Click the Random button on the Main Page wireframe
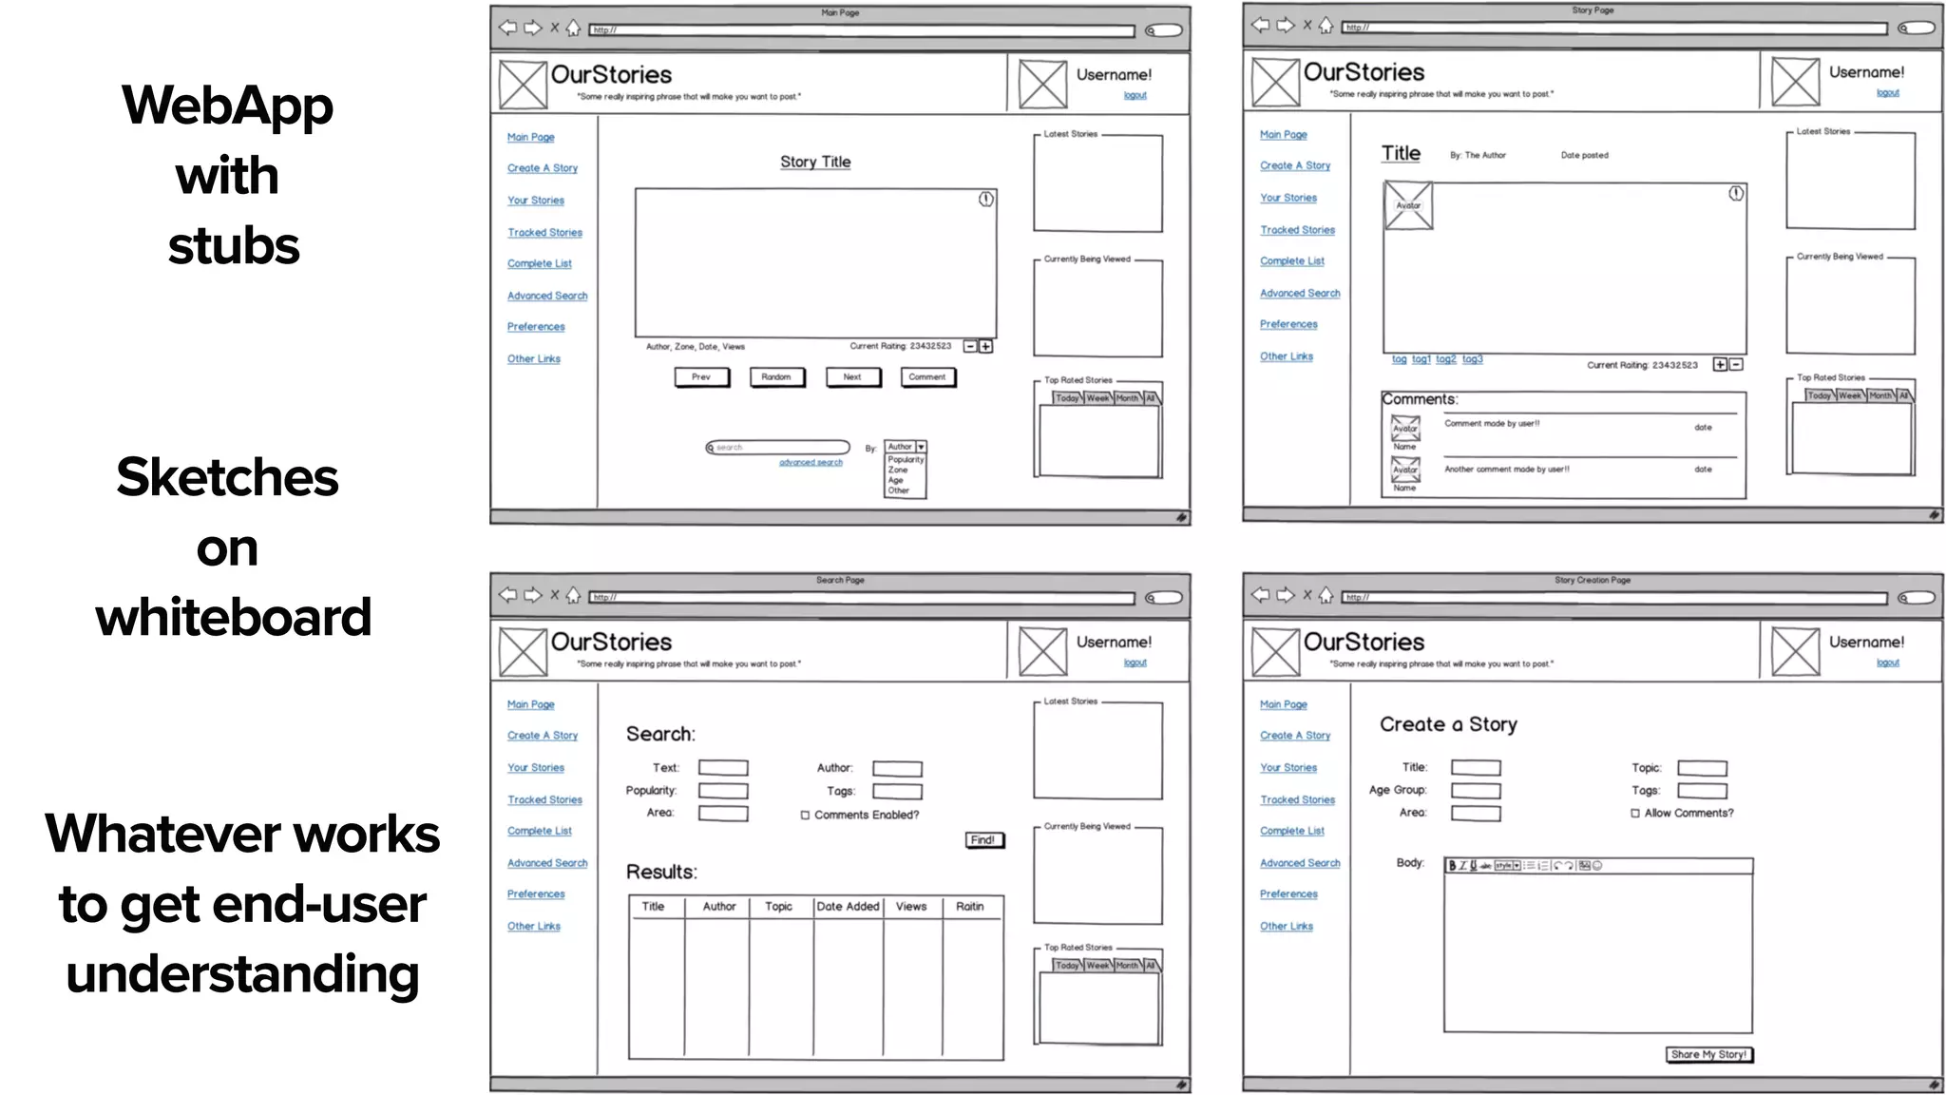(x=776, y=377)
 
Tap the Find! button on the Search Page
(x=983, y=840)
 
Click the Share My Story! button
(x=1708, y=1054)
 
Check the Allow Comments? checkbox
(x=1635, y=814)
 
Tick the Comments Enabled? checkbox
(x=805, y=816)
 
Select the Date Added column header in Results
(x=848, y=907)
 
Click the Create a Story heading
(x=1448, y=724)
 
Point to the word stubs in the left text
(x=234, y=245)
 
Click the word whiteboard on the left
(x=233, y=617)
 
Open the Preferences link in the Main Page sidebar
(x=536, y=327)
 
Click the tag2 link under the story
(x=1445, y=359)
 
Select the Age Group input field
(x=1476, y=791)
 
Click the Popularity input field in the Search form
(x=723, y=791)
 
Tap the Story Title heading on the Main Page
(x=815, y=163)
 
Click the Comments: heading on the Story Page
(x=1419, y=399)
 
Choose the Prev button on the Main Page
(x=701, y=377)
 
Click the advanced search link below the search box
(x=811, y=463)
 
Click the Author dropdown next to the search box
(x=906, y=447)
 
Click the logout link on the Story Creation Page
(x=1887, y=663)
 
